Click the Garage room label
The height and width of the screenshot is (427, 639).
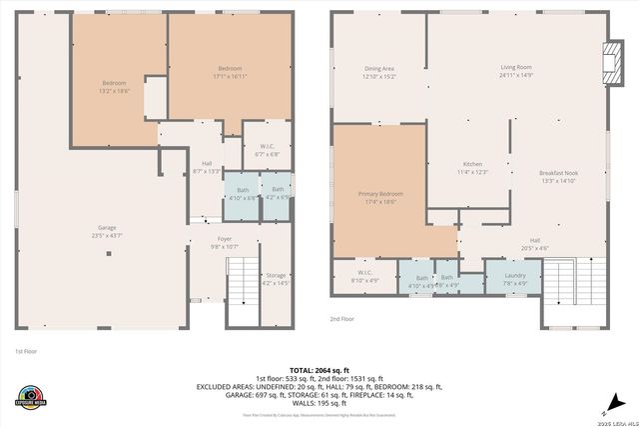click(106, 231)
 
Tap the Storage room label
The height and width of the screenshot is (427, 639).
click(276, 279)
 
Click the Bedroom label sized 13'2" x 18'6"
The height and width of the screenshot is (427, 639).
click(115, 86)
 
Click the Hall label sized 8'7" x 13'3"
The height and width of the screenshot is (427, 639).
click(207, 167)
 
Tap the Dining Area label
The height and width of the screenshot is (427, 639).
click(379, 72)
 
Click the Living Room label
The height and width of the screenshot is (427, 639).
click(516, 71)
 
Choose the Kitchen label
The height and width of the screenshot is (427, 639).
click(472, 168)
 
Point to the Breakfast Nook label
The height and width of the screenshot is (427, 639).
click(559, 177)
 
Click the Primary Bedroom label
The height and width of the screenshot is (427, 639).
click(379, 197)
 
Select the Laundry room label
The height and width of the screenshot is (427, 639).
click(515, 278)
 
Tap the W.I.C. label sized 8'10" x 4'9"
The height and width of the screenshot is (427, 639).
click(365, 278)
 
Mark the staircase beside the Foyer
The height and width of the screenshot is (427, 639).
click(243, 289)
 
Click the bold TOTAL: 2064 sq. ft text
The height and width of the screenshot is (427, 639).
click(319, 369)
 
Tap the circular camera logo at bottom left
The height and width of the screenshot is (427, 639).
click(31, 396)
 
